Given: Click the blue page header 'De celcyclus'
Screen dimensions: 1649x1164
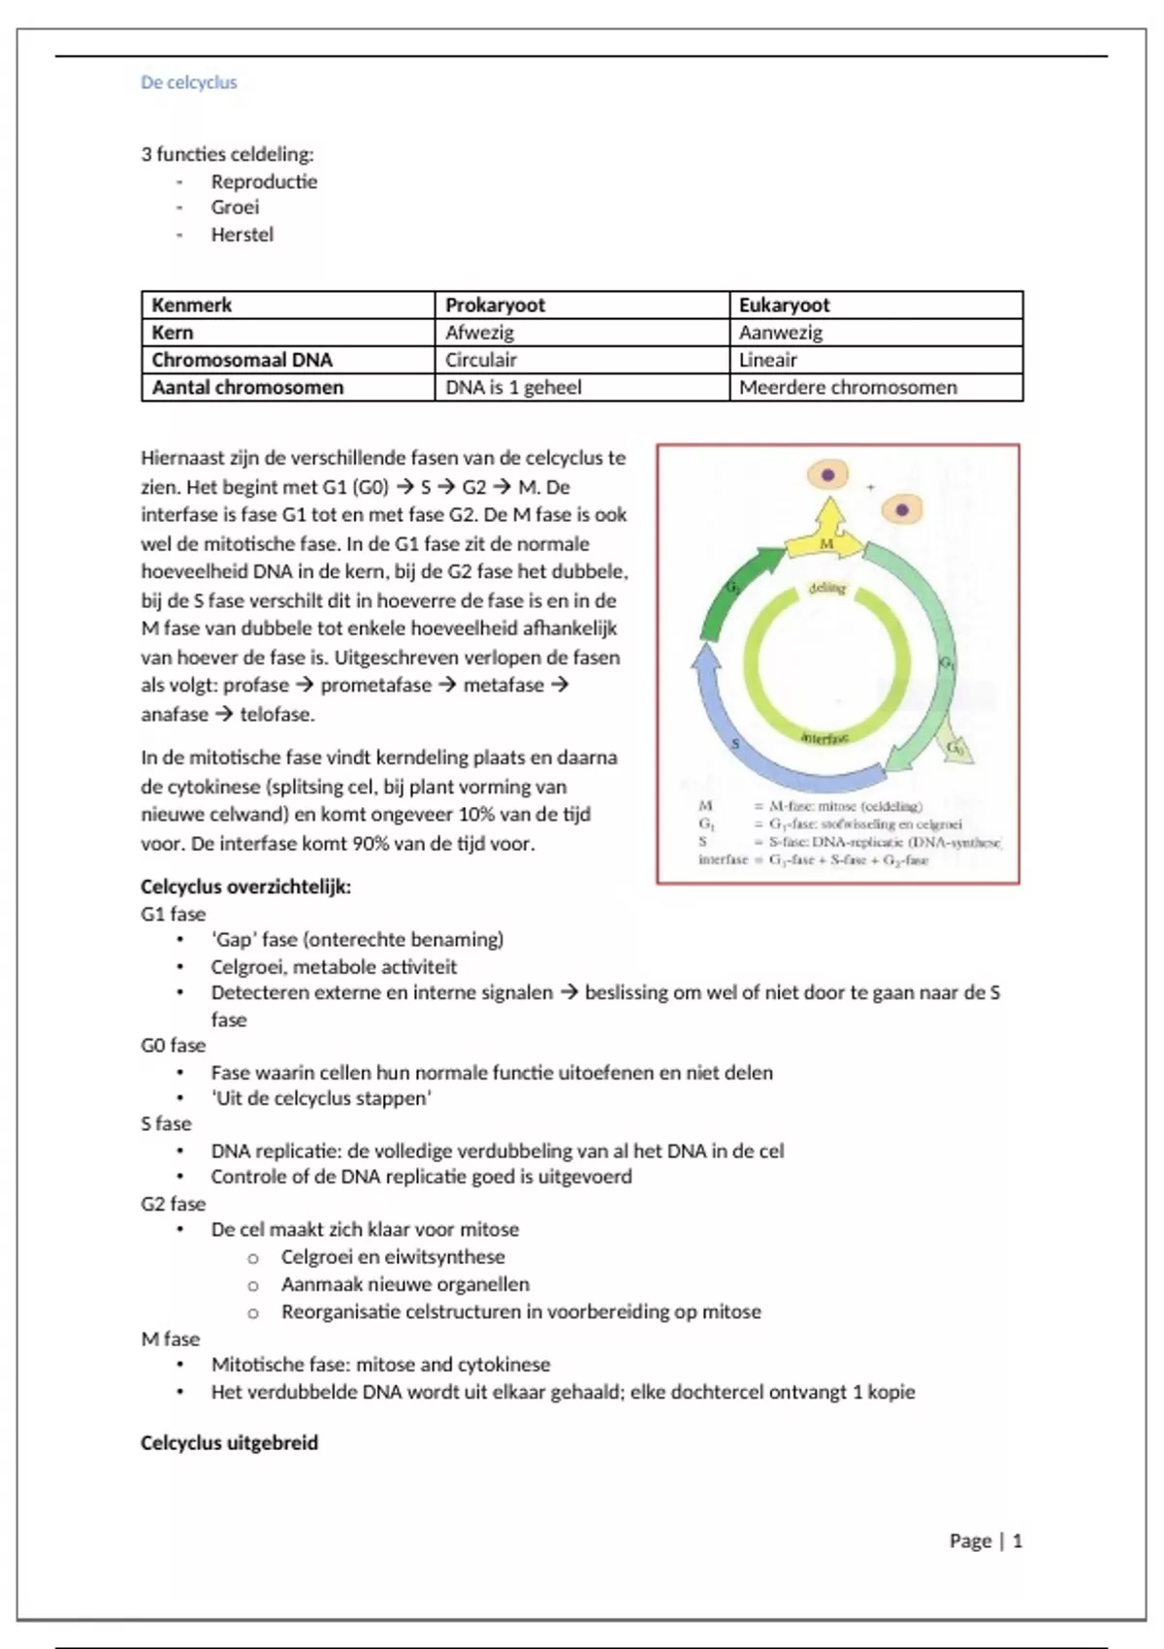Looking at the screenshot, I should click(x=188, y=82).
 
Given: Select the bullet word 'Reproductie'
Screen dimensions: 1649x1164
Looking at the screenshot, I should click(x=264, y=181).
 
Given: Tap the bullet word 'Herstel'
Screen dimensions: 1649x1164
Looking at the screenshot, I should click(x=242, y=234).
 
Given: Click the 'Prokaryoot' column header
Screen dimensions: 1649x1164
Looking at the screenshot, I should click(x=495, y=305).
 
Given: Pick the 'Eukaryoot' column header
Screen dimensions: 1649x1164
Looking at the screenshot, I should click(x=784, y=305).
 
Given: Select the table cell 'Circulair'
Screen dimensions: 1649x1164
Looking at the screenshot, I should click(x=481, y=360).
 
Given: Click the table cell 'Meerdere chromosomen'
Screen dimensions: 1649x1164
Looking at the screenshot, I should click(x=848, y=387).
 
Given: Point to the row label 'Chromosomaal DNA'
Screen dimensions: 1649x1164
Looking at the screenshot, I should click(x=242, y=360).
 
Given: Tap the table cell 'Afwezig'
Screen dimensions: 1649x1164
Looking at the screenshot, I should click(x=479, y=332).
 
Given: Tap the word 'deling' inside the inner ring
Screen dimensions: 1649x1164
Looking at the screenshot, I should click(x=827, y=588).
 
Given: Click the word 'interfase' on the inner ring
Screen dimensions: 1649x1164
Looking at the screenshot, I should click(x=824, y=738).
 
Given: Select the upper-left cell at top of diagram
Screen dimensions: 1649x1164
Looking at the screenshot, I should click(x=828, y=475).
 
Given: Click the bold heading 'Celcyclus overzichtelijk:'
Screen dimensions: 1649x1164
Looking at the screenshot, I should click(x=245, y=887).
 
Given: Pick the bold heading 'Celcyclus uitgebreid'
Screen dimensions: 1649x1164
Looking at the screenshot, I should click(x=229, y=1442).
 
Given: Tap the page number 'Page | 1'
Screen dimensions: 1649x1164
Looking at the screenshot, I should click(x=986, y=1540).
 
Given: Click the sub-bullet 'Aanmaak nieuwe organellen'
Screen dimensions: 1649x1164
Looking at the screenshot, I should click(x=405, y=1284).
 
